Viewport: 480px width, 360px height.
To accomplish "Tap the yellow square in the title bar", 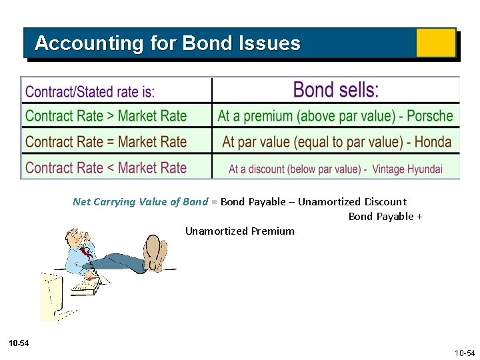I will [x=435, y=43].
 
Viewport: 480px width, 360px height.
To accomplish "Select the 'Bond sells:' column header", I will [x=336, y=90].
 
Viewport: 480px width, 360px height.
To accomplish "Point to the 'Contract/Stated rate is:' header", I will [x=90, y=91].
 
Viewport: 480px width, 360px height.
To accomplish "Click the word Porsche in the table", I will [x=430, y=116].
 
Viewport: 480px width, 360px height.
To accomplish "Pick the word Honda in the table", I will [x=433, y=142].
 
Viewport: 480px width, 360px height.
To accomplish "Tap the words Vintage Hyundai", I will [x=407, y=169].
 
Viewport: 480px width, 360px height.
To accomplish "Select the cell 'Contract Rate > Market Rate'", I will [x=106, y=116].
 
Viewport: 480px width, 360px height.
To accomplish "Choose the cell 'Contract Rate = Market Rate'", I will [x=106, y=142].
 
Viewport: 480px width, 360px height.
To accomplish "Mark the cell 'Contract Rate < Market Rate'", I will [x=106, y=168].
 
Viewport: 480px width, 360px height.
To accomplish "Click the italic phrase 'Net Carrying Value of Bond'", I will [x=140, y=202].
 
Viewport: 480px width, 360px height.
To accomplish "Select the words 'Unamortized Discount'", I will [x=352, y=202].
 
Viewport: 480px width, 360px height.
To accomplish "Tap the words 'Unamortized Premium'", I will [x=239, y=231].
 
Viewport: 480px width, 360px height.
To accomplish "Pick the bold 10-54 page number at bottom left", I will [x=19, y=343].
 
